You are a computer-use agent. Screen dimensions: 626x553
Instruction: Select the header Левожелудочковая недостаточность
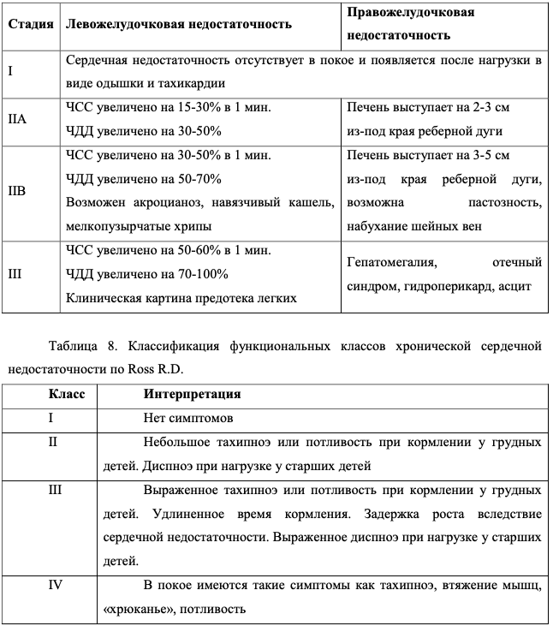178,24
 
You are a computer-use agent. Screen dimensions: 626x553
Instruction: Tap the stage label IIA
18,119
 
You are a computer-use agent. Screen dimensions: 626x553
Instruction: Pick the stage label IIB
18,191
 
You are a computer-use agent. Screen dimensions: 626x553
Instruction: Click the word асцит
516,285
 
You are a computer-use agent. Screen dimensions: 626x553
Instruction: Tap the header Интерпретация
192,395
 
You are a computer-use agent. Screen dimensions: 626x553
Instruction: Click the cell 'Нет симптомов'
187,419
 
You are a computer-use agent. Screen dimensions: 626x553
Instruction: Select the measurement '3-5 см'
490,155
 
